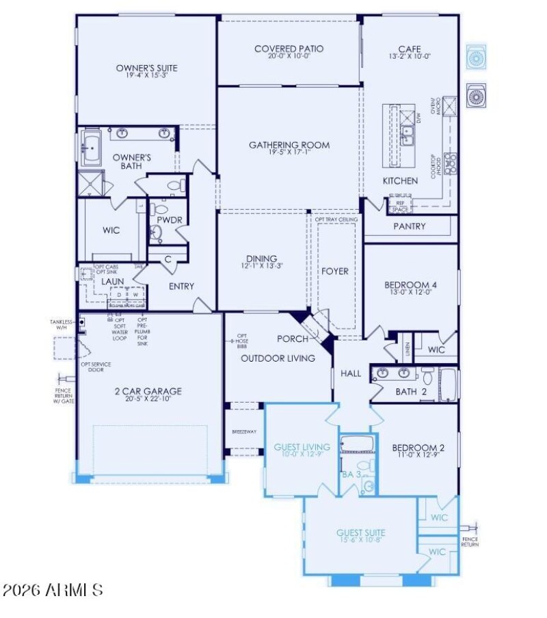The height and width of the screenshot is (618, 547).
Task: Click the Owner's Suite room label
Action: point(146,68)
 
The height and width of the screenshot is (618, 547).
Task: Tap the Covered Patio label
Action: point(289,49)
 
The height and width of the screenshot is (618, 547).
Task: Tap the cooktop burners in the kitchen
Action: point(451,163)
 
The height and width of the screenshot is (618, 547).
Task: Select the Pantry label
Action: point(410,226)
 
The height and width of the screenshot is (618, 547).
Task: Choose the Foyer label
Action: point(335,271)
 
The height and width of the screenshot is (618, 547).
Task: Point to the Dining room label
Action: point(261,258)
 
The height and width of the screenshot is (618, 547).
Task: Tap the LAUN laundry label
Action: point(112,281)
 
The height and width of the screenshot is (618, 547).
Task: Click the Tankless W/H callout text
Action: point(62,324)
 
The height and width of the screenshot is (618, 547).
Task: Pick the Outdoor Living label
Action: point(278,358)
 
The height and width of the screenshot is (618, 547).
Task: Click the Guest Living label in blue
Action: point(302,447)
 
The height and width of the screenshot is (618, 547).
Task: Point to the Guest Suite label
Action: point(360,533)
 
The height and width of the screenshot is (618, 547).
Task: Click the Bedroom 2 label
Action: point(418,448)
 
